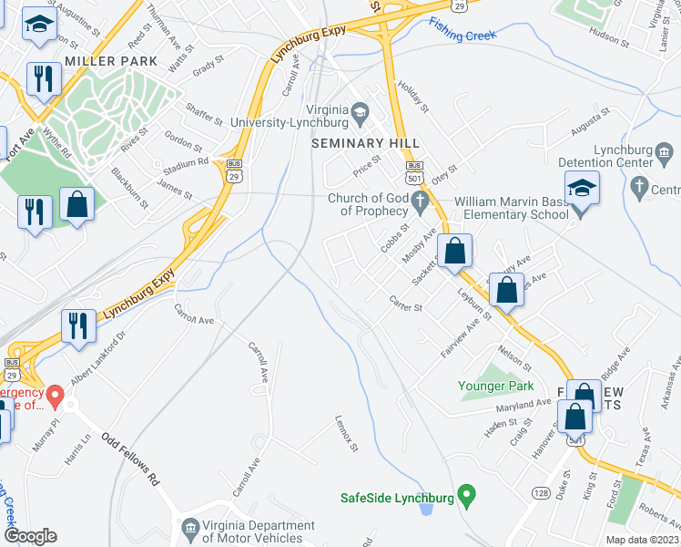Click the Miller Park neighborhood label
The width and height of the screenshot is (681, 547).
111,61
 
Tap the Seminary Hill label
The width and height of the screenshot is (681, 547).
366,143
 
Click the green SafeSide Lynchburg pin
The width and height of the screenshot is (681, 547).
467,497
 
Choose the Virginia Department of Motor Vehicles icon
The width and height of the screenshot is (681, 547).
190,527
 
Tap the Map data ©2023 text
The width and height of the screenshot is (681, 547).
642,540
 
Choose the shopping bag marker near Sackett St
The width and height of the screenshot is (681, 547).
453,251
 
